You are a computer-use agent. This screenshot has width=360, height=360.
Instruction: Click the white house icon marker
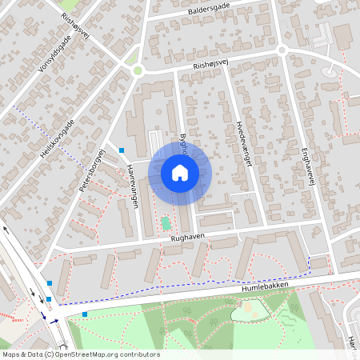[180, 173]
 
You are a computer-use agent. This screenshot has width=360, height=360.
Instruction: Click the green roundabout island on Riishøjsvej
[138, 70]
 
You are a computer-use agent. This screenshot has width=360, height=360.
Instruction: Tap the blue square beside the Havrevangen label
[122, 150]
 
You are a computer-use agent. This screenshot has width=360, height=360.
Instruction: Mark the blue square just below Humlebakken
[85, 314]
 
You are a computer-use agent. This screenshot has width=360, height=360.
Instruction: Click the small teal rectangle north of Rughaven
[166, 223]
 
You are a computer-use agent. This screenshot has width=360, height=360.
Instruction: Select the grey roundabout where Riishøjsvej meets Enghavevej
[282, 50]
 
